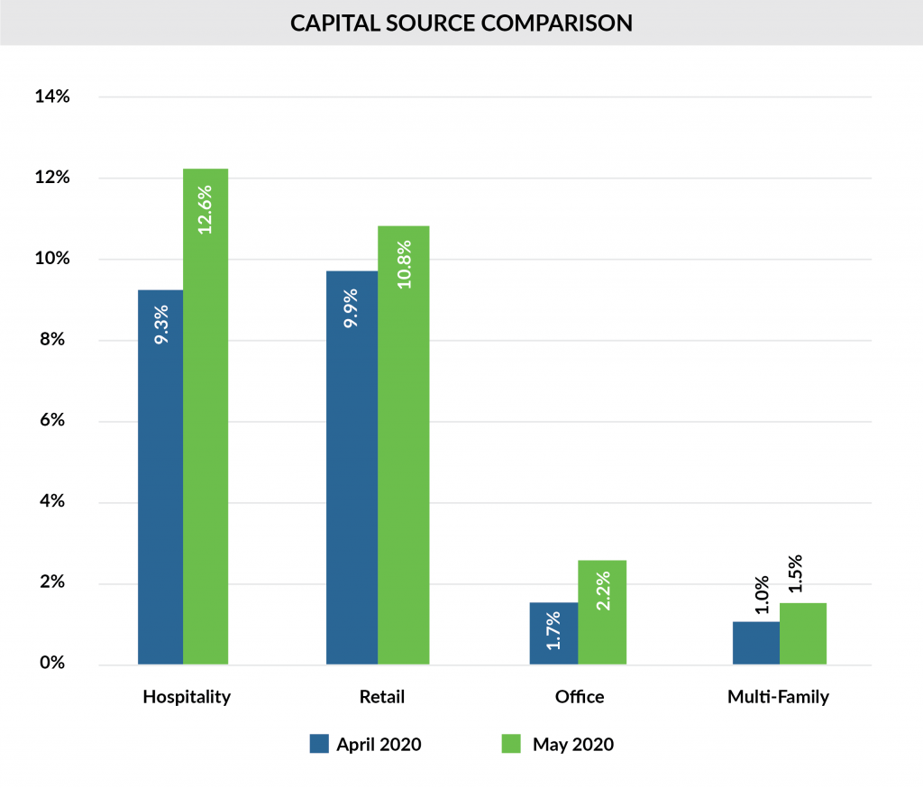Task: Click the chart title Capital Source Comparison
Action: [x=461, y=23]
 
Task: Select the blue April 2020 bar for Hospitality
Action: [x=160, y=478]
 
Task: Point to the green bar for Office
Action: [x=601, y=613]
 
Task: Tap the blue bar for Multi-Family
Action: [x=755, y=644]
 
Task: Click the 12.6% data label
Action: [x=206, y=210]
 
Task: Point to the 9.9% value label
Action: [x=352, y=307]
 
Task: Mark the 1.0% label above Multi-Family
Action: [x=762, y=595]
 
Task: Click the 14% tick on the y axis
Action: [x=52, y=96]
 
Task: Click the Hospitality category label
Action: [x=187, y=697]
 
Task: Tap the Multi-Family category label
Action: [x=779, y=697]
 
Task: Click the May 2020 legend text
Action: [x=572, y=745]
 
